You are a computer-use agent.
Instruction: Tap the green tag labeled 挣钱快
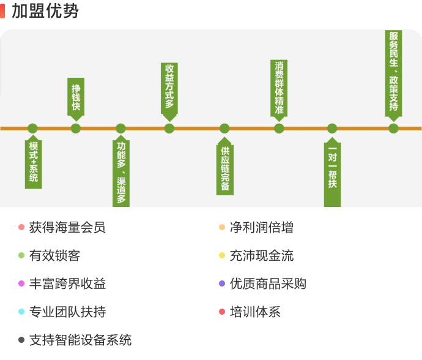76,97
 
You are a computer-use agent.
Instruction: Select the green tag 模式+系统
33,162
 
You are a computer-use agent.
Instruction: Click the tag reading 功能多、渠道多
121,173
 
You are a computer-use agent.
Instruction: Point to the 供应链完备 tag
224,168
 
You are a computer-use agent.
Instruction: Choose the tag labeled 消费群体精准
279,88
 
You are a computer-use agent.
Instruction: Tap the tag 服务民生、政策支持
393,72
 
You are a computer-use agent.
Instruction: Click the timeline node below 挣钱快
76,129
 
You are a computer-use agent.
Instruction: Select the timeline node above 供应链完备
224,129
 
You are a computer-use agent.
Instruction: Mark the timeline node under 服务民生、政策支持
393,129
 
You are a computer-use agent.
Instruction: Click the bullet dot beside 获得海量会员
21,228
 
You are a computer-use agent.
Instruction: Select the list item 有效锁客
54,256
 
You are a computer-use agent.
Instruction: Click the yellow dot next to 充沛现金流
222,256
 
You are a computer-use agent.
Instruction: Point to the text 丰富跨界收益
67,284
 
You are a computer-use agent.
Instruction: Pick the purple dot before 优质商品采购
222,284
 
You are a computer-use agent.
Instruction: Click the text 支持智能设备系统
80,340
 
